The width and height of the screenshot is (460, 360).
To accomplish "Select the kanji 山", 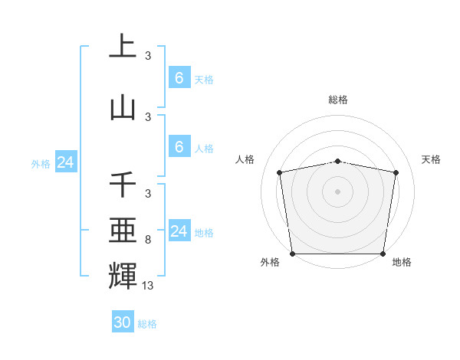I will coord(123,108).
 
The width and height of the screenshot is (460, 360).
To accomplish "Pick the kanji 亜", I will coord(123,231).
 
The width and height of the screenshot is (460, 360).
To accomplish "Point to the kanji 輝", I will coord(123,275).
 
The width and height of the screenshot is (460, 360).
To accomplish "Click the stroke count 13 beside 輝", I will coord(148,286).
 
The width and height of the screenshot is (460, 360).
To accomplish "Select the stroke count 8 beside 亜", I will coord(148,241).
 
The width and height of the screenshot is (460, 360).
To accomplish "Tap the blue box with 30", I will coord(123,322).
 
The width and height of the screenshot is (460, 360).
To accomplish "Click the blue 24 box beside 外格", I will coord(65,162).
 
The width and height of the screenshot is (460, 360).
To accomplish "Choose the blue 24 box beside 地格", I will coord(179,231).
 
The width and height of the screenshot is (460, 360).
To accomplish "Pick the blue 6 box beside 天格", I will coord(179,78).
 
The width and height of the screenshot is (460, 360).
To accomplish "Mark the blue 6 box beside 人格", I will coord(179,147).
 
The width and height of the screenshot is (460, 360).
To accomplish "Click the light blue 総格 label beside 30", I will coord(147,324).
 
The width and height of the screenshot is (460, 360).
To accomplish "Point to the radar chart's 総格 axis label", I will coord(338,100).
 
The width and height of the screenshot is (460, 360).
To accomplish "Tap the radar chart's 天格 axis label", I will coord(432,159).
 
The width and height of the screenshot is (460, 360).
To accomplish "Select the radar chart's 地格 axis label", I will coord(402,262).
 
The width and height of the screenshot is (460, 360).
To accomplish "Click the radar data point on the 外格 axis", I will coord(292,254).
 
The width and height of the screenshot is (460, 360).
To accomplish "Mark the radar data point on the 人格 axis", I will coord(280,172).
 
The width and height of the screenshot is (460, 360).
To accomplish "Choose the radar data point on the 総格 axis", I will coord(338,161).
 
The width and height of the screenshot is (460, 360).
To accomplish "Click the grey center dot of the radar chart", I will coord(338,191).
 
